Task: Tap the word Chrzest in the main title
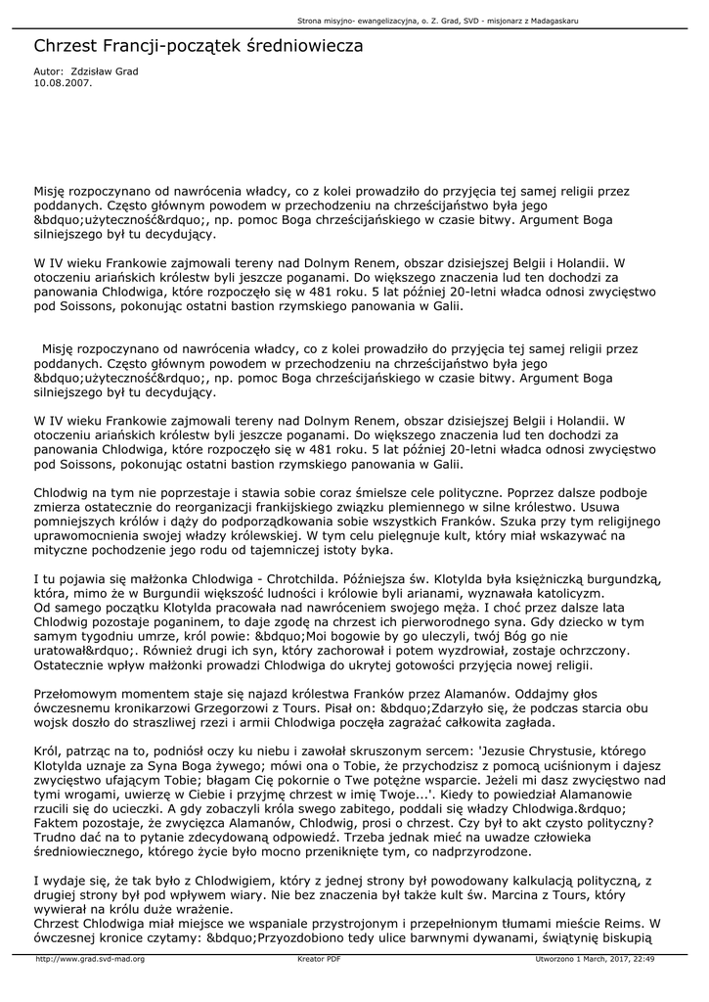coord(67,46)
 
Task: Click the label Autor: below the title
coord(48,72)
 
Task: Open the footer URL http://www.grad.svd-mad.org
coord(90,959)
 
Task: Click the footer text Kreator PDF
coord(319,959)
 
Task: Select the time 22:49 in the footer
coord(643,959)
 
